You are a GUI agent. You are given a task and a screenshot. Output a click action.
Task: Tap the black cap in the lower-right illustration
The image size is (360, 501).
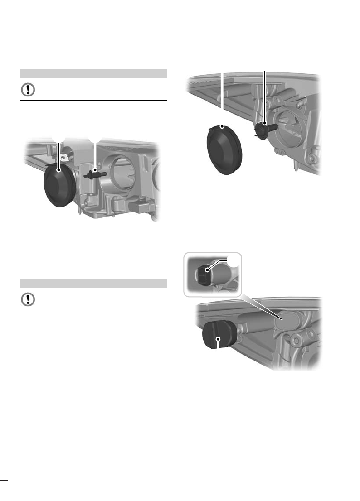pyautogui.click(x=216, y=337)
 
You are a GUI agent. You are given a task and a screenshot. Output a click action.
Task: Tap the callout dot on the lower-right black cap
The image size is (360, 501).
pyautogui.click(x=219, y=339)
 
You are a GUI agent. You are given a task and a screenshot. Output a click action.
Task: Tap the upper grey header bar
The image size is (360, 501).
pyautogui.click(x=94, y=73)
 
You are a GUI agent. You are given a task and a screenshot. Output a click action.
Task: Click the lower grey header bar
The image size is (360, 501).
pyautogui.click(x=94, y=283)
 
